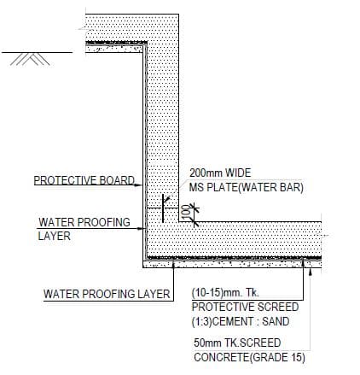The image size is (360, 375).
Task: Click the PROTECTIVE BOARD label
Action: pos(84,180)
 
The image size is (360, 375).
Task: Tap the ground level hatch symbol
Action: pos(30,59)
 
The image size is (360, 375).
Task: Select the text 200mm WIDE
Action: pos(220,173)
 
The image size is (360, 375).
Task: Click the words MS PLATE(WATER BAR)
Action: pos(247,187)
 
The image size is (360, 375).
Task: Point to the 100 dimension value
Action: pos(185,212)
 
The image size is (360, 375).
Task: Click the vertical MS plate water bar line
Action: pos(163,208)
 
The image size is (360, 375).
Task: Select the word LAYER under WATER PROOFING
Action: pos(54,236)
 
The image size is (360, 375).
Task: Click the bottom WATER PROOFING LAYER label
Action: pos(107,294)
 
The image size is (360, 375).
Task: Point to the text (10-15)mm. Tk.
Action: pos(225,293)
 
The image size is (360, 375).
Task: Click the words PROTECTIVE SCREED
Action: pos(245,307)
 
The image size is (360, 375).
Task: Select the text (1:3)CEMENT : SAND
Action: pos(241,321)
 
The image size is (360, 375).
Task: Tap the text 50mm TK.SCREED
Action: pos(237,343)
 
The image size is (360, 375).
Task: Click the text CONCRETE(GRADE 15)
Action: pos(249,357)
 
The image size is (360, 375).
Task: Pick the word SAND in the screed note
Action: pos(276,321)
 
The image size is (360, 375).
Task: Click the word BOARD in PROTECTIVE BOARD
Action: pos(117,180)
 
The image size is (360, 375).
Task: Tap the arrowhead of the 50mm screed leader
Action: pos(311,272)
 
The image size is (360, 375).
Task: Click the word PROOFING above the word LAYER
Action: pos(103,222)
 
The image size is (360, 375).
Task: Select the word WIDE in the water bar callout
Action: pos(238,173)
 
